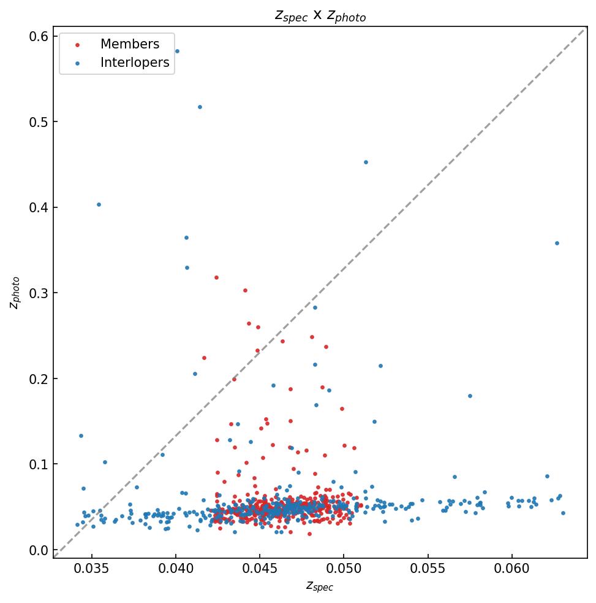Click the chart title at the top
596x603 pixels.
[x=320, y=16]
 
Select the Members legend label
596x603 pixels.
[x=130, y=44]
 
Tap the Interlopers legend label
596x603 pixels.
[x=135, y=63]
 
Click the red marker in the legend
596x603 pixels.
[x=77, y=45]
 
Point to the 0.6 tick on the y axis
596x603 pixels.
[x=40, y=37]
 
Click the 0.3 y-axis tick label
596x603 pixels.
[x=40, y=293]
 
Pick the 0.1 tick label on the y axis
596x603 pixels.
[x=40, y=464]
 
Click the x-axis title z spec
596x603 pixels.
[x=320, y=586]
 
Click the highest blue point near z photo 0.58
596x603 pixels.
[x=177, y=51]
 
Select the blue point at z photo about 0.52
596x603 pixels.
[x=200, y=107]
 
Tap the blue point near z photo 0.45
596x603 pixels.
[x=366, y=162]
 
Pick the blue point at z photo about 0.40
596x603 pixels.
[x=99, y=204]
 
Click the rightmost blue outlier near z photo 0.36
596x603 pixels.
[x=557, y=243]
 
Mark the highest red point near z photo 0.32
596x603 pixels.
[x=216, y=277]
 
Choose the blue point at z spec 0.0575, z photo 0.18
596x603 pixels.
[x=470, y=396]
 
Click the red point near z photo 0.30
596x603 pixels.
[x=245, y=290]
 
